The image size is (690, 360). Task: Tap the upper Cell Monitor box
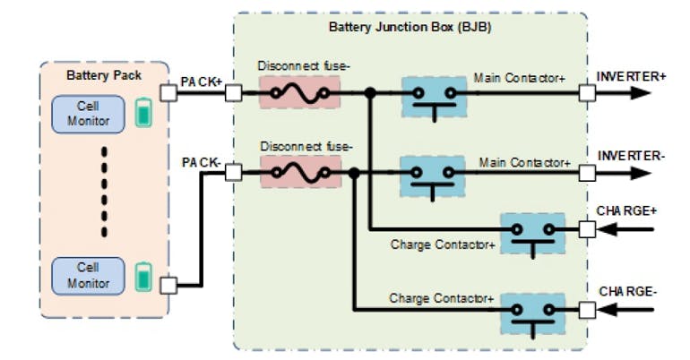[x=92, y=114]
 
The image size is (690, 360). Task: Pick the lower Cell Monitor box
[x=92, y=276]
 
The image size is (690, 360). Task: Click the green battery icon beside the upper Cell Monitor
[x=143, y=114]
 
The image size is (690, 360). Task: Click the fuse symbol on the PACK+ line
[x=299, y=92]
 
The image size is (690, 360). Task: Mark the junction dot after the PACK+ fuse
[x=369, y=92]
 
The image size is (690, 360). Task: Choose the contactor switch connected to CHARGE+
[x=533, y=234]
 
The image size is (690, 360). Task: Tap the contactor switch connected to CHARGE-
[x=533, y=313]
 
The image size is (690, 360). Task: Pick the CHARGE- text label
[x=629, y=291]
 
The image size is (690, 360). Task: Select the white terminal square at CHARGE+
[x=586, y=230]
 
